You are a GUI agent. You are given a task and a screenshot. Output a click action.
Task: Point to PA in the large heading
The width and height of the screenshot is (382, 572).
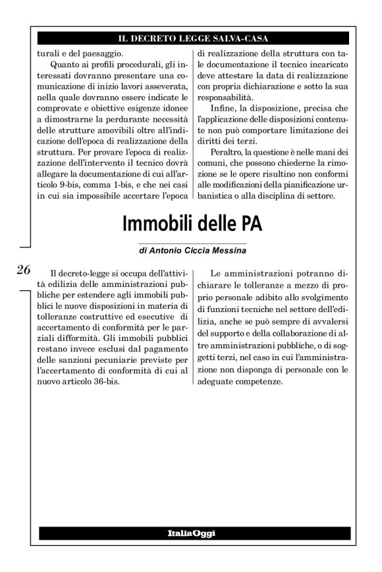[x=250, y=224]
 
